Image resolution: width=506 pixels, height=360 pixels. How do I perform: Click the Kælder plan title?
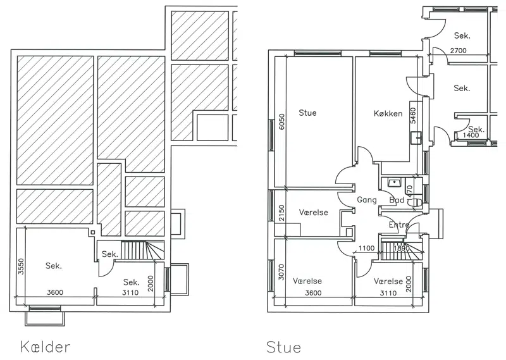click(45, 347)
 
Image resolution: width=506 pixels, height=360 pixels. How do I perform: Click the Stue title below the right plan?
click(284, 347)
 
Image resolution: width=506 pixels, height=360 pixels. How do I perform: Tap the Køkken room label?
click(388, 113)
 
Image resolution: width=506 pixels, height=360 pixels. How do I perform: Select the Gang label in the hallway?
click(367, 200)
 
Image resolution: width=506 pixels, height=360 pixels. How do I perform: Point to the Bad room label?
click(397, 200)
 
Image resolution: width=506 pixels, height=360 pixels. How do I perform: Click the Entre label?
click(399, 225)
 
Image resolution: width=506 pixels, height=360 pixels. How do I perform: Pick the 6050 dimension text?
click(281, 121)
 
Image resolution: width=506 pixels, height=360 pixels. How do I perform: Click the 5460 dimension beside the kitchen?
click(413, 115)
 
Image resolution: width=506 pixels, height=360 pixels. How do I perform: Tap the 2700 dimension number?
click(458, 51)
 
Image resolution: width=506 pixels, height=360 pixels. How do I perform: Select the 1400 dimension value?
click(471, 135)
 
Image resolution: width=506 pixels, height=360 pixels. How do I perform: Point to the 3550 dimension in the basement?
click(21, 266)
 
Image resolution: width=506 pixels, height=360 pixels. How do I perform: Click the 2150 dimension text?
click(281, 213)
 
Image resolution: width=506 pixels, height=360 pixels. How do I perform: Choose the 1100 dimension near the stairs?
click(367, 248)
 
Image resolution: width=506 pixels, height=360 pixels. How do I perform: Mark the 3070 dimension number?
click(281, 272)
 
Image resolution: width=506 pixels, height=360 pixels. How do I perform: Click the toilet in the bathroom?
click(416, 202)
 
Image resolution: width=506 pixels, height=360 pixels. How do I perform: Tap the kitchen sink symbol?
click(416, 137)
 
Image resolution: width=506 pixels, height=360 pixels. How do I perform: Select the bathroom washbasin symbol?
click(393, 183)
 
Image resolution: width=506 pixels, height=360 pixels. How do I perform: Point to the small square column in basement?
click(93, 232)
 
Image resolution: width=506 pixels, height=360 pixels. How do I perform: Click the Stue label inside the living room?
click(307, 113)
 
